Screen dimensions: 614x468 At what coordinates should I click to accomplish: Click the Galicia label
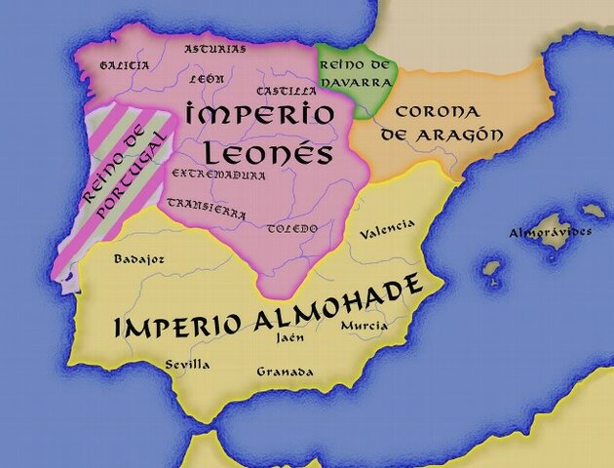point(125,65)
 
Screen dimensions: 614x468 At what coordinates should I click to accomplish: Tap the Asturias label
point(215,48)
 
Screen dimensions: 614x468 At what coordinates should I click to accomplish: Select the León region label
point(208,77)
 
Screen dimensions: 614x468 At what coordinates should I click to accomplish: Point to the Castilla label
point(281,91)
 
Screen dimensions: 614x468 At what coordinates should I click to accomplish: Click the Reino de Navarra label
point(355,73)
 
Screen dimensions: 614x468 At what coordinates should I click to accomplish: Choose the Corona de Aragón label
point(436,123)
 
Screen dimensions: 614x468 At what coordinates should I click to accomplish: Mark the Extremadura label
point(218,175)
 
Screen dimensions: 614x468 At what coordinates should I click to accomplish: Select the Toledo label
point(292,228)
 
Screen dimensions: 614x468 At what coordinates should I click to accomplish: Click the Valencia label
point(387,230)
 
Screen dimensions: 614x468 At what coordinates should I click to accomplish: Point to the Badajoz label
point(139,259)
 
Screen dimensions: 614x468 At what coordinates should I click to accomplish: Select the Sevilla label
point(188,364)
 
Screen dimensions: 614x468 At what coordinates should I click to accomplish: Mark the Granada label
point(285,371)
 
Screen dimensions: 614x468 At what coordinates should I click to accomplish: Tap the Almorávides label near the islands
point(551,233)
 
